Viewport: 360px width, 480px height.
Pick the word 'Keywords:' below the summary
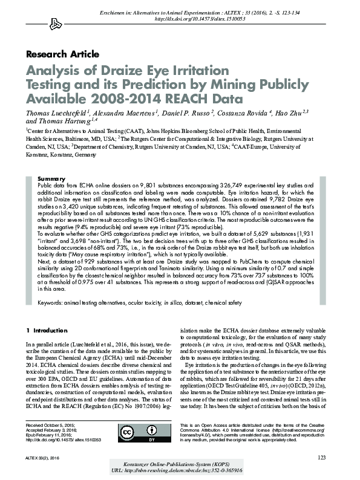pyautogui.click(x=53, y=302)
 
